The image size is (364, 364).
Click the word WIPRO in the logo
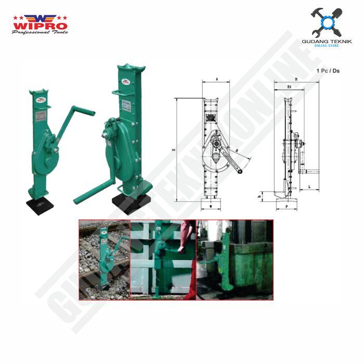point(40,24)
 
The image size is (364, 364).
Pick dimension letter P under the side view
point(287,206)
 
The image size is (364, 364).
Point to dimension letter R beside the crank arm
point(237,150)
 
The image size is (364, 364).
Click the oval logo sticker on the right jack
point(125,82)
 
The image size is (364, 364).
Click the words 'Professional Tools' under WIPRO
point(40,32)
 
